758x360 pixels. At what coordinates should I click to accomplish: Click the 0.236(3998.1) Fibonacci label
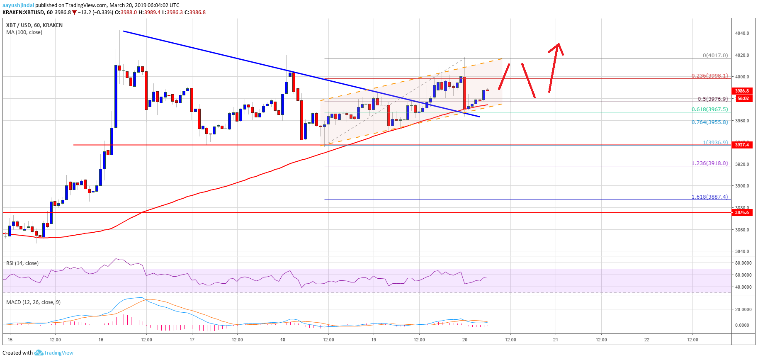pyautogui.click(x=709, y=76)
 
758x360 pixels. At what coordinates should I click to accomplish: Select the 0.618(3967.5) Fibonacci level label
pyautogui.click(x=709, y=109)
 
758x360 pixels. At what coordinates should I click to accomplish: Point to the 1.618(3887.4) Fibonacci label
pyautogui.click(x=709, y=197)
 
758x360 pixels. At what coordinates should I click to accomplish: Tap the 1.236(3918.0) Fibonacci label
pyautogui.click(x=709, y=163)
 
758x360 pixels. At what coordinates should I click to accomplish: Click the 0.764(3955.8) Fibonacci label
pyautogui.click(x=709, y=122)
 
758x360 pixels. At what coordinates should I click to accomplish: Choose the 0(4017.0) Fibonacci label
pyautogui.click(x=715, y=55)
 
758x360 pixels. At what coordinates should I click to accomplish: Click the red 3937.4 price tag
pyautogui.click(x=742, y=145)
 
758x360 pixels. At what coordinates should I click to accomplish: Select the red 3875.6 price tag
pyautogui.click(x=742, y=212)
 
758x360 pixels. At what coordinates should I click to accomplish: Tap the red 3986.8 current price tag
pyautogui.click(x=742, y=91)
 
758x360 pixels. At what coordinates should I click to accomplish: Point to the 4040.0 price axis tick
pyautogui.click(x=742, y=33)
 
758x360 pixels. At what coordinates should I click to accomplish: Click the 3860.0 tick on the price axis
pyautogui.click(x=742, y=230)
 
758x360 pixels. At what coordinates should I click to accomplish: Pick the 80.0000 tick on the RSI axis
pyautogui.click(x=743, y=263)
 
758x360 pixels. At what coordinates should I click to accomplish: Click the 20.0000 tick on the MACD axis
pyautogui.click(x=743, y=309)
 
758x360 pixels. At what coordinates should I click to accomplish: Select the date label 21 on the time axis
pyautogui.click(x=556, y=340)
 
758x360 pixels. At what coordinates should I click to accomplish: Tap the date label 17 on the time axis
pyautogui.click(x=192, y=340)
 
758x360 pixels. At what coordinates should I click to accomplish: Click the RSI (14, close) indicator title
pyautogui.click(x=22, y=263)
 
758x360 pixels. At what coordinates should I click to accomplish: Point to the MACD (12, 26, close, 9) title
pyautogui.click(x=33, y=302)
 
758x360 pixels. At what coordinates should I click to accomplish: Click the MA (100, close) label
pyautogui.click(x=24, y=32)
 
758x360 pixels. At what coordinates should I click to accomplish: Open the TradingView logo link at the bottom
pyautogui.click(x=54, y=353)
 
